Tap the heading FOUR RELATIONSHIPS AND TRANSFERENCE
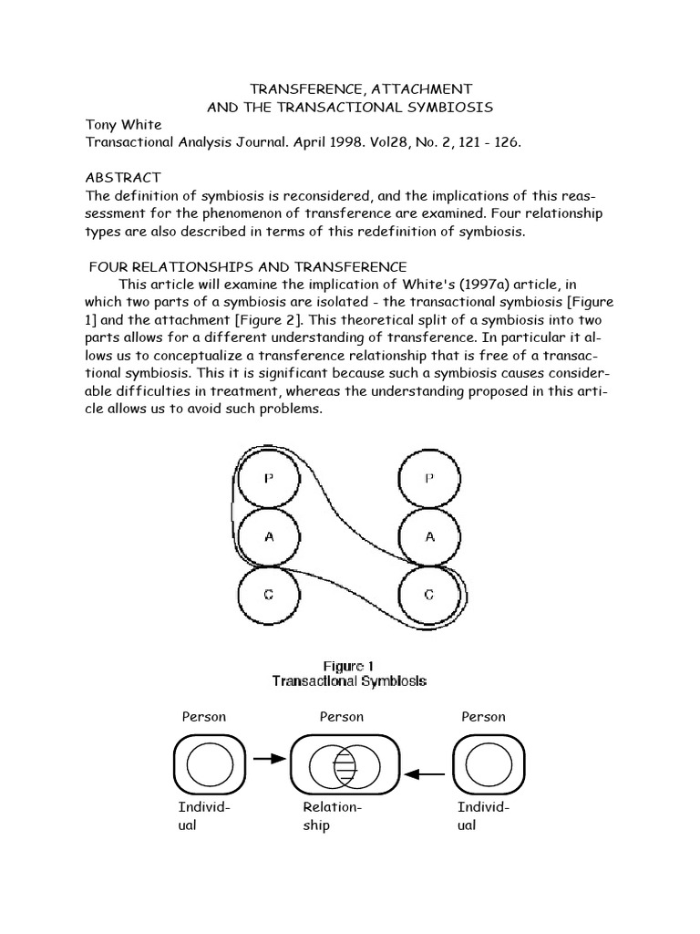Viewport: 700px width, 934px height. tap(248, 266)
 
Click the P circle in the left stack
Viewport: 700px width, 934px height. tap(269, 479)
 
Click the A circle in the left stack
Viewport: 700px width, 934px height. tap(269, 537)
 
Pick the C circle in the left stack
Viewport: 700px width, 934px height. tap(269, 595)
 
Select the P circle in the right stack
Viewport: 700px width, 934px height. tap(430, 479)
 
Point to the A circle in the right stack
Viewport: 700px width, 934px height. tap(430, 537)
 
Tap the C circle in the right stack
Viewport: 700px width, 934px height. tap(430, 595)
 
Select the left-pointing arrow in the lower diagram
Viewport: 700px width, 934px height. tap(424, 774)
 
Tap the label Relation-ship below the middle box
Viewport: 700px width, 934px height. tap(332, 815)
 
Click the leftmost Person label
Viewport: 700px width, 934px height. tap(204, 717)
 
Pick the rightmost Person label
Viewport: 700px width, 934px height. tap(483, 717)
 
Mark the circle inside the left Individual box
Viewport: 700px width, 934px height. tap(209, 763)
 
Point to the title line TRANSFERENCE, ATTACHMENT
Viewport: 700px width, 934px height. tap(361, 88)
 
